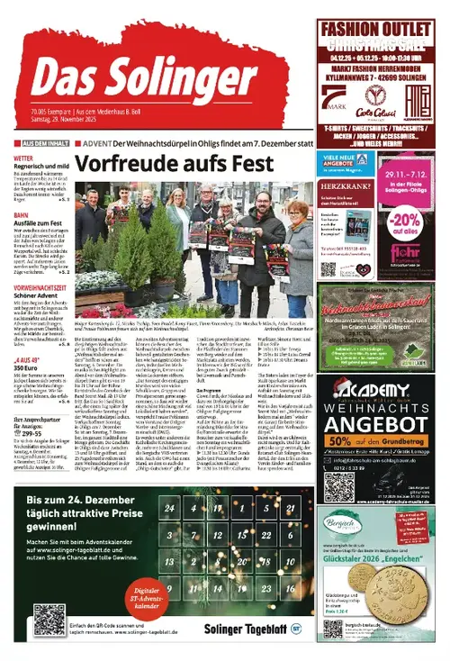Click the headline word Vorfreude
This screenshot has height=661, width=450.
[126, 165]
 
